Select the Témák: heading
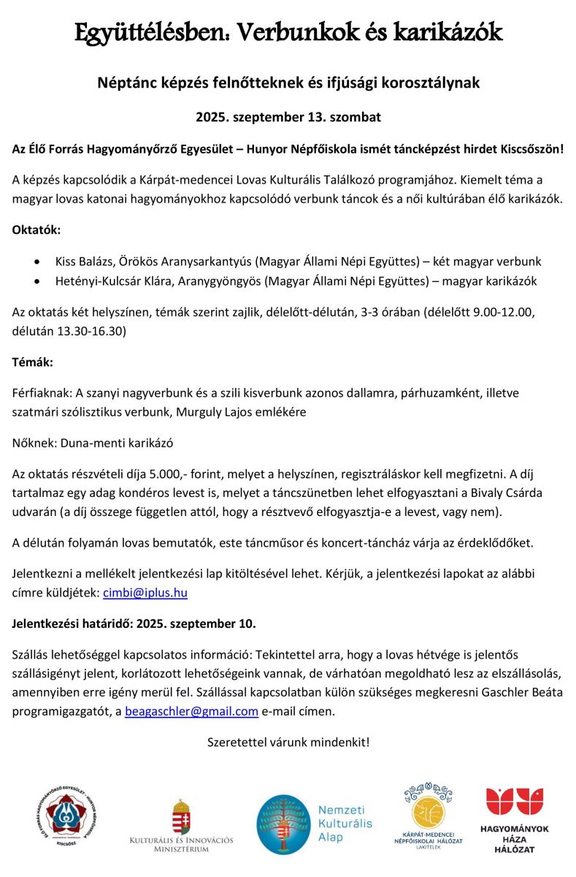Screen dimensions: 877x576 pyautogui.click(x=33, y=361)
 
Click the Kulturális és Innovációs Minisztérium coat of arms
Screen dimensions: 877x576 pyautogui.click(x=181, y=815)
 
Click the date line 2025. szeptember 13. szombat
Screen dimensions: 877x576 pyautogui.click(x=288, y=116)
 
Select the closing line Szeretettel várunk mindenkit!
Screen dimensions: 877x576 pyautogui.click(x=288, y=743)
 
